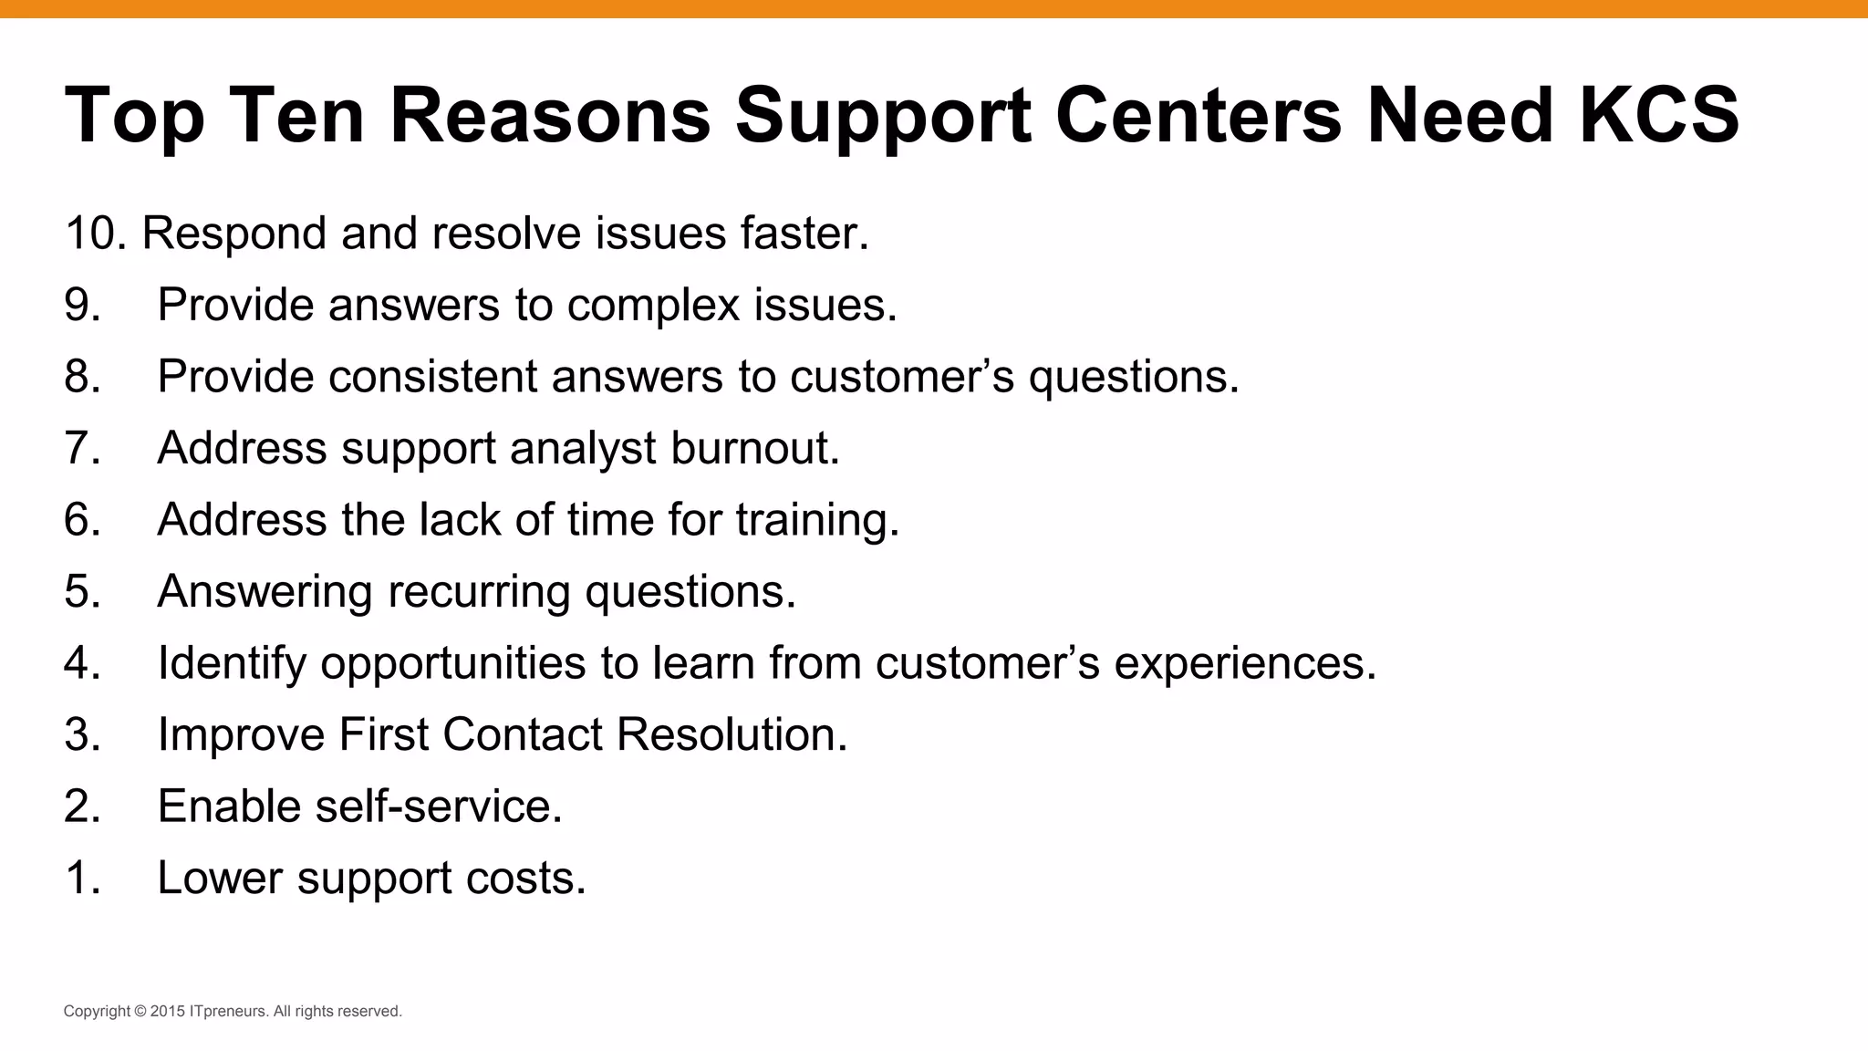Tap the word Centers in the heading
point(1198,115)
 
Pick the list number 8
point(82,377)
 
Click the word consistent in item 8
point(433,377)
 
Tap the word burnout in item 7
point(754,448)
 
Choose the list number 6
point(82,520)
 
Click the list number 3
point(82,735)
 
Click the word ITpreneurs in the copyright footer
point(229,1012)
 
